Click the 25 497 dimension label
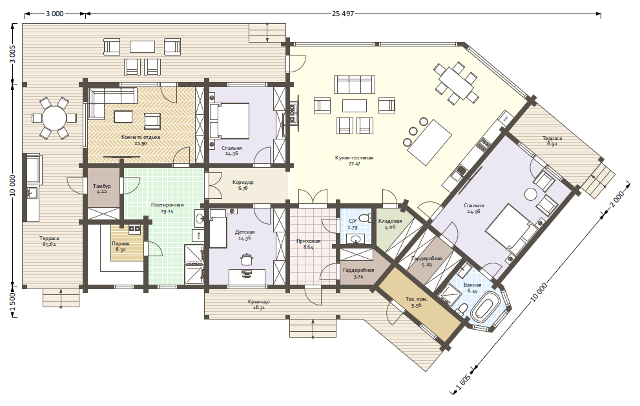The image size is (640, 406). (x=343, y=14)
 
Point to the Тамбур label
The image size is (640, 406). (x=101, y=186)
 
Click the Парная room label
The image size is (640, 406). (x=120, y=243)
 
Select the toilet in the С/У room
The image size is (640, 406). (x=364, y=218)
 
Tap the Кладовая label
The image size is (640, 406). (x=390, y=221)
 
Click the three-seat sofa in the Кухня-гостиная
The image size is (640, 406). (x=354, y=84)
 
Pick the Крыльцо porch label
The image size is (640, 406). (x=259, y=302)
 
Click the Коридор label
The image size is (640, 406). (x=243, y=183)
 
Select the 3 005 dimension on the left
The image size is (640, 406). (x=13, y=54)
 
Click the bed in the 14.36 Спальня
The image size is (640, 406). (x=229, y=121)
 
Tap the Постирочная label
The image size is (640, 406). (x=167, y=205)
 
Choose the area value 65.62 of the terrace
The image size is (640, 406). (x=49, y=245)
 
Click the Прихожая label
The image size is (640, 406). (x=308, y=241)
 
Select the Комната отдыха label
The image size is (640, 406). (x=141, y=137)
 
